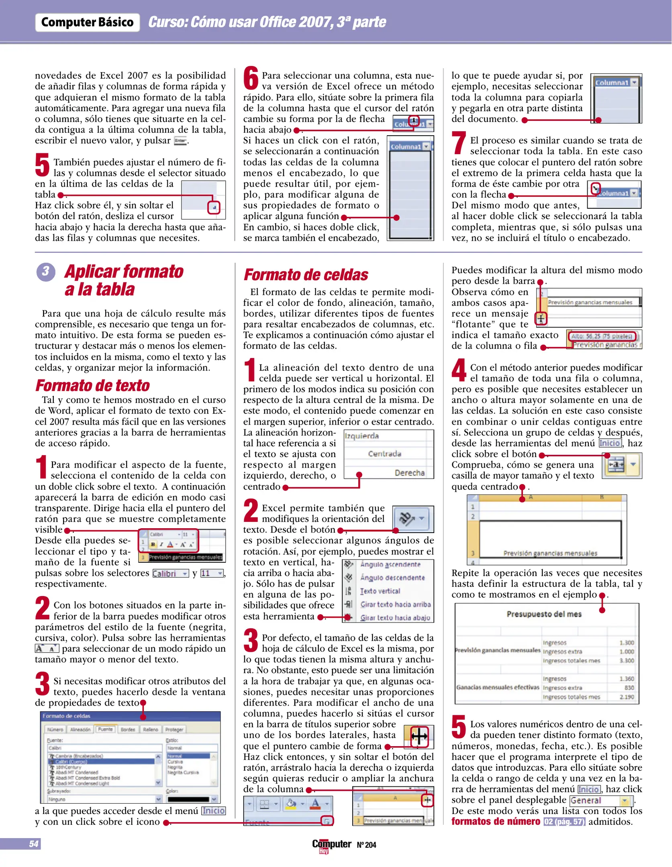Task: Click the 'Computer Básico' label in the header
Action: click(x=87, y=22)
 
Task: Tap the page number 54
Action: click(x=34, y=844)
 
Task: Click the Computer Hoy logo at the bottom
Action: click(x=332, y=845)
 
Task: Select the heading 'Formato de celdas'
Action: click(x=306, y=275)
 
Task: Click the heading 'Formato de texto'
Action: click(x=92, y=385)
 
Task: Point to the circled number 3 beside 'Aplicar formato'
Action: click(x=46, y=271)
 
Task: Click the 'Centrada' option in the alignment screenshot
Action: click(x=384, y=454)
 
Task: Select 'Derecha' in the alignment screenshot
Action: click(x=409, y=473)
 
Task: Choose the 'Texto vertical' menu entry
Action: click(x=380, y=591)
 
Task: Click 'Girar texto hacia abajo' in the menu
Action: click(x=395, y=618)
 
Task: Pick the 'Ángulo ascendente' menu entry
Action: click(x=390, y=564)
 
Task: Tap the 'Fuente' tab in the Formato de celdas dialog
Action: click(x=105, y=729)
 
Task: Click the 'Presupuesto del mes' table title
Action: click(x=544, y=614)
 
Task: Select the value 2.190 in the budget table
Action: click(x=627, y=697)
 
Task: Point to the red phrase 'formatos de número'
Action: click(x=496, y=821)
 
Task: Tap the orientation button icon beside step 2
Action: click(x=412, y=519)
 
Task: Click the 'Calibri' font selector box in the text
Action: click(x=170, y=573)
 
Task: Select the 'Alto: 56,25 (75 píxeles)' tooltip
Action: click(x=602, y=336)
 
